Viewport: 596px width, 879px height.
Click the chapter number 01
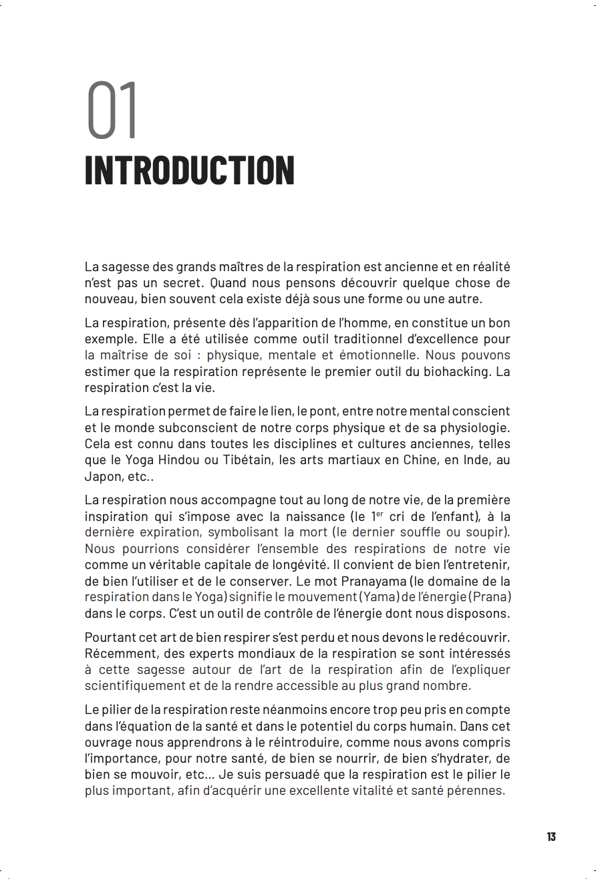[112, 111]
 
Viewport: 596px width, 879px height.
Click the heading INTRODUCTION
[189, 171]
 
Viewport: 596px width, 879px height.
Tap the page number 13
[551, 837]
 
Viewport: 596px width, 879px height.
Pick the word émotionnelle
[379, 355]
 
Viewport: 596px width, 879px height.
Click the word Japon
[102, 476]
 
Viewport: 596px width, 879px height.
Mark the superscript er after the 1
[380, 514]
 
